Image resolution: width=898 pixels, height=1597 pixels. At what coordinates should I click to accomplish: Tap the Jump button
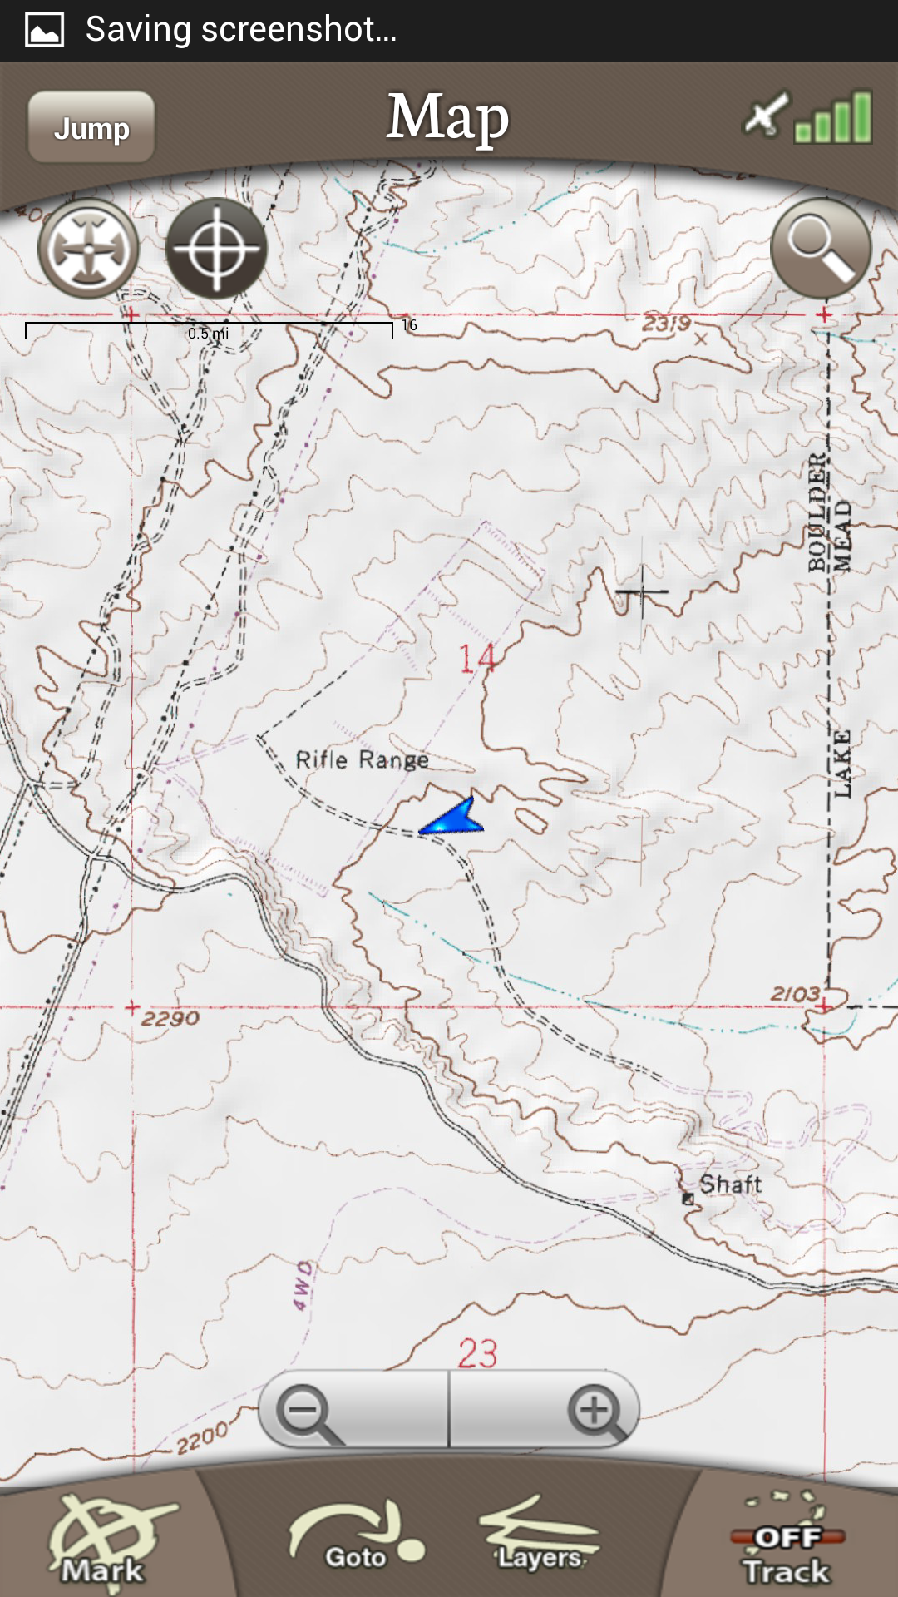pyautogui.click(x=91, y=127)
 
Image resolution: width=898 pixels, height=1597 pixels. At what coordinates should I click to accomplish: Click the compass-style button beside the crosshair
pyautogui.click(x=88, y=249)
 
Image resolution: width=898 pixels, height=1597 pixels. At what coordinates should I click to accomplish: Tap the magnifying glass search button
pyautogui.click(x=821, y=248)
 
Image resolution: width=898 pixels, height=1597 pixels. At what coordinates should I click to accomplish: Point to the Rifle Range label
pyautogui.click(x=363, y=759)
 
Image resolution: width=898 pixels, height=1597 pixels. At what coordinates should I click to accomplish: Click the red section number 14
pyautogui.click(x=477, y=659)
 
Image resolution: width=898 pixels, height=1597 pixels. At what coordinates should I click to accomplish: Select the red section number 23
pyautogui.click(x=477, y=1353)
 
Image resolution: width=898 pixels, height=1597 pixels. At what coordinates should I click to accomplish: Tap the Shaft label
pyautogui.click(x=730, y=1184)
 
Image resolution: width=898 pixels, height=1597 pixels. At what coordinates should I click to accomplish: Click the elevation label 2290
pyautogui.click(x=170, y=1018)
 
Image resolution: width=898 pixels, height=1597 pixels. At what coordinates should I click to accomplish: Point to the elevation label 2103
pyautogui.click(x=795, y=993)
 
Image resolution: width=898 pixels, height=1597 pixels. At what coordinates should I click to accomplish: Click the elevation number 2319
pyautogui.click(x=666, y=323)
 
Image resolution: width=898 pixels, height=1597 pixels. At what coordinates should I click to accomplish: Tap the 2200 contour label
pyautogui.click(x=202, y=1436)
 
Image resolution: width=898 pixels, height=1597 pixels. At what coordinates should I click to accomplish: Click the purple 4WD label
pyautogui.click(x=303, y=1286)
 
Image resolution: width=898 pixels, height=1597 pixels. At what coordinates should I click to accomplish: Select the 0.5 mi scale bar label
pyautogui.click(x=208, y=334)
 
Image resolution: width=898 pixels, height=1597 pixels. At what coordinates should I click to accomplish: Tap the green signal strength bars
pyautogui.click(x=833, y=117)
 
